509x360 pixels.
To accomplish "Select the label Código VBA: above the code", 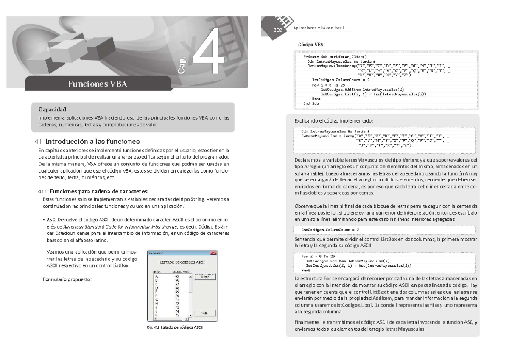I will [x=311, y=45].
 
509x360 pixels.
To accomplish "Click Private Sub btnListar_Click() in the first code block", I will [x=336, y=56].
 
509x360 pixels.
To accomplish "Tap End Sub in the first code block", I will [x=311, y=103].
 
